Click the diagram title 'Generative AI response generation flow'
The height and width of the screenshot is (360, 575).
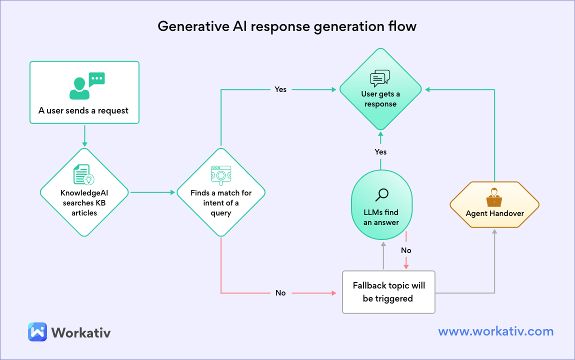(287, 26)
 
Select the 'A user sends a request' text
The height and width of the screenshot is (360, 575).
(83, 110)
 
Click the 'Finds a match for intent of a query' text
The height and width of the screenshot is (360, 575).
(221, 202)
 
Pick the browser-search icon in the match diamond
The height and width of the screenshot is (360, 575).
(220, 175)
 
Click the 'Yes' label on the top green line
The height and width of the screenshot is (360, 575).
(280, 89)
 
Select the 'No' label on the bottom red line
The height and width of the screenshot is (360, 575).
(280, 292)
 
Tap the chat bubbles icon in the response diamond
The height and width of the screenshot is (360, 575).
(380, 78)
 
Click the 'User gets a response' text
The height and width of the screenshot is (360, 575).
(380, 99)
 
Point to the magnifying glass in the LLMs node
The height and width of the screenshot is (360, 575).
(381, 195)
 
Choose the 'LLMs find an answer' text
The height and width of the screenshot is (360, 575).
(381, 217)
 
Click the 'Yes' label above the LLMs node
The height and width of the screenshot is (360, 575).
(380, 151)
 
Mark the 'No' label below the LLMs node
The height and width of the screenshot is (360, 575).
(406, 250)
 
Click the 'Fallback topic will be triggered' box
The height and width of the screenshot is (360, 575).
(388, 292)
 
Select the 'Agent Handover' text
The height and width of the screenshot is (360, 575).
(494, 213)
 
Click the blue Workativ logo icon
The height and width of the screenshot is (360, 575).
(37, 332)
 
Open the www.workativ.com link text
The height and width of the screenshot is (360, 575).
(495, 331)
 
